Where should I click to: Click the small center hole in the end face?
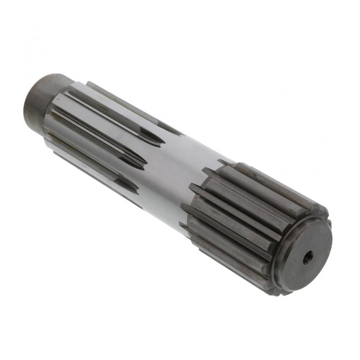308,258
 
